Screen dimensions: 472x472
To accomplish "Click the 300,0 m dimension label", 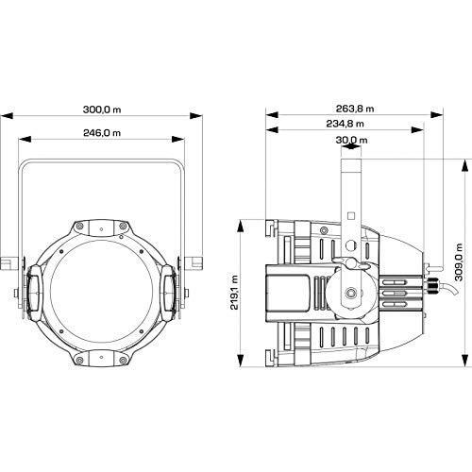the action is click(x=102, y=110).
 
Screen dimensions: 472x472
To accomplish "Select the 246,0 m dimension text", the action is click(x=102, y=133).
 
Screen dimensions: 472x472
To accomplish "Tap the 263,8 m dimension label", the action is click(x=355, y=109).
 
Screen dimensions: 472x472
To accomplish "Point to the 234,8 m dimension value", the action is click(x=345, y=124).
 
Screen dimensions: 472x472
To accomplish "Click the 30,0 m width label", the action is click(x=351, y=140).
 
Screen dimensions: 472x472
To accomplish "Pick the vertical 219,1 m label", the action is click(x=234, y=292).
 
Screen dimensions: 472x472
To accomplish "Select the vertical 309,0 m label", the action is click(x=459, y=262).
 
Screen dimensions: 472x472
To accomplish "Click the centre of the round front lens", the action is click(x=102, y=293).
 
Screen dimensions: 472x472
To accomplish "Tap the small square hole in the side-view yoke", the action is click(x=351, y=216).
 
